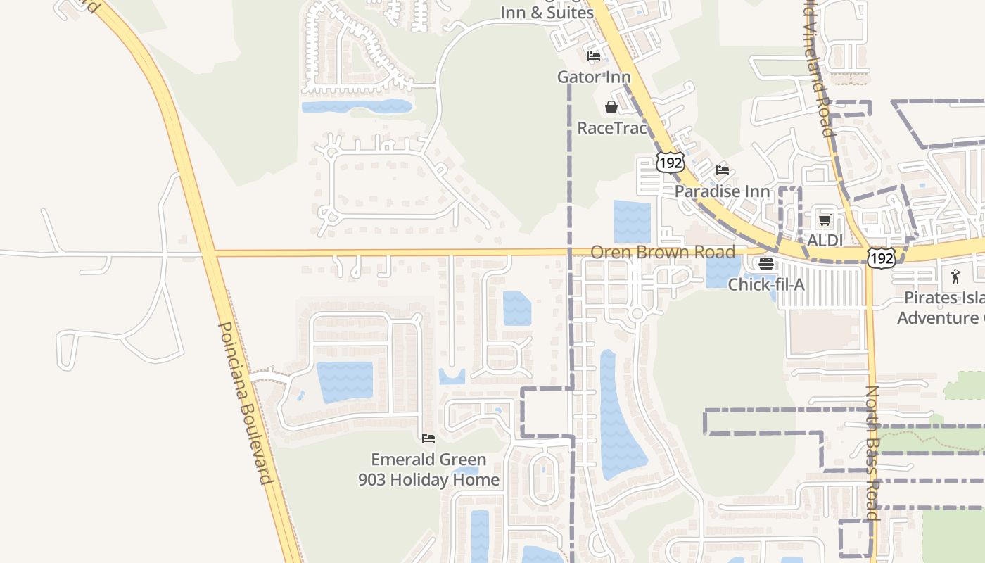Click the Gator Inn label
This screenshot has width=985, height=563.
pyautogui.click(x=594, y=77)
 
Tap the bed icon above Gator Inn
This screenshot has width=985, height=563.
pyautogui.click(x=594, y=56)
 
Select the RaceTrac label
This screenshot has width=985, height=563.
pyautogui.click(x=611, y=127)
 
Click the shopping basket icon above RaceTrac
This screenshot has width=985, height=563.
pyautogui.click(x=611, y=107)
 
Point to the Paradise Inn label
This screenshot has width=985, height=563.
pyautogui.click(x=722, y=191)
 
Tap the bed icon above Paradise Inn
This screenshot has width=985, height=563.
pyautogui.click(x=722, y=170)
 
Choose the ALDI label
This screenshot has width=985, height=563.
pyautogui.click(x=825, y=240)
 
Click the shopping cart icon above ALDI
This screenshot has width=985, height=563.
pyautogui.click(x=825, y=220)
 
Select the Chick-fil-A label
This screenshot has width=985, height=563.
pyautogui.click(x=765, y=284)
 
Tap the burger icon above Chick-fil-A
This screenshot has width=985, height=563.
pyautogui.click(x=765, y=264)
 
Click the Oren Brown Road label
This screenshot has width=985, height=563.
pyautogui.click(x=662, y=252)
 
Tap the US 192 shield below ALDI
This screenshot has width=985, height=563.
pyautogui.click(x=881, y=258)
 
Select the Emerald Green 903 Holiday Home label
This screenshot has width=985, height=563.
pyautogui.click(x=428, y=469)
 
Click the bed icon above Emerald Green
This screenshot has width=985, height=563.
pyautogui.click(x=428, y=438)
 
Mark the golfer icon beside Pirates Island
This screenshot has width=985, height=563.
pyautogui.click(x=955, y=277)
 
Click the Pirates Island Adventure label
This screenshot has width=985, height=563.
pyautogui.click(x=941, y=308)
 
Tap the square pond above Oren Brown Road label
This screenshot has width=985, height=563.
pyautogui.click(x=632, y=222)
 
